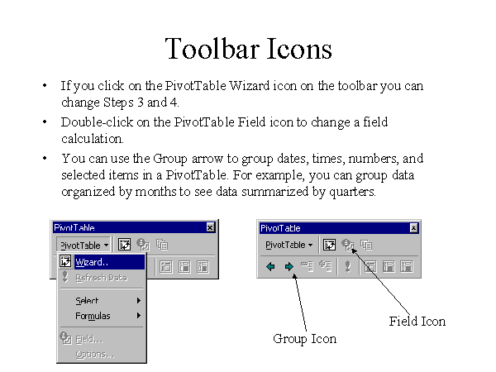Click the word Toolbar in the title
tap(212, 49)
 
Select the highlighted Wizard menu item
tap(102, 262)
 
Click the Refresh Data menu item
tap(102, 278)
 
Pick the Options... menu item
tap(95, 355)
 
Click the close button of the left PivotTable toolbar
tap(210, 227)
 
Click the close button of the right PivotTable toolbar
tap(414, 228)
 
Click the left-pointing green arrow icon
tap(271, 267)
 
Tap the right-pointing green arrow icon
tap(289, 267)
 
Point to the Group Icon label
tap(304, 339)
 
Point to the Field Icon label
tap(417, 322)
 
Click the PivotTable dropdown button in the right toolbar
tap(289, 245)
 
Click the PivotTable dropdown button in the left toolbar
tap(83, 246)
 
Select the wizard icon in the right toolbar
tap(329, 245)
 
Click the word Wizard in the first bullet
tap(250, 86)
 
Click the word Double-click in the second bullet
tap(97, 122)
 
